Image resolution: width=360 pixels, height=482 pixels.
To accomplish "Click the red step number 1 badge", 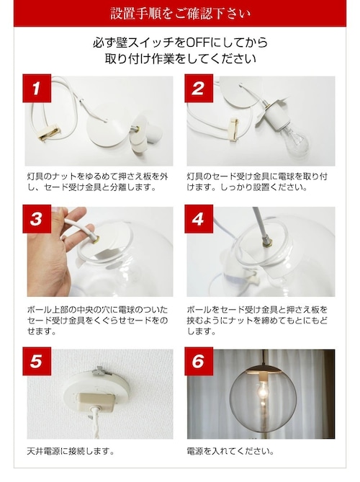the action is click(37, 88).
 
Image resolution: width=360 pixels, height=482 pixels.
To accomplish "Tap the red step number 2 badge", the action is click(199, 88).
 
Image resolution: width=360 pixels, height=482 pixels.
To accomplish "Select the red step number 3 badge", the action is click(37, 219).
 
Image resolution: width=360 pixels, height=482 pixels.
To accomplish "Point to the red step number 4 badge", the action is click(199, 219).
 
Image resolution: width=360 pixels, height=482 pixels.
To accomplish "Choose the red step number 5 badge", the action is click(37, 361).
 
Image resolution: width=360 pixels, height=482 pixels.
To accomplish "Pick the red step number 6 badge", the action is click(199, 361).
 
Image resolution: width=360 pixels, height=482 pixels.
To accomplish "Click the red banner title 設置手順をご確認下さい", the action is click(180, 14).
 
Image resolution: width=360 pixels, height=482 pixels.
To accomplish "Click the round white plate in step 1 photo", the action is click(107, 125).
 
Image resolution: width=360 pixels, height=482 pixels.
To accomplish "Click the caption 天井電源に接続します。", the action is click(71, 451).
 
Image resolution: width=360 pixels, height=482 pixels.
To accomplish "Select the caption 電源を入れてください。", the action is click(230, 451).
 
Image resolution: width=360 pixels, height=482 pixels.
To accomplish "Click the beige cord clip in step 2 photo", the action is click(234, 130).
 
